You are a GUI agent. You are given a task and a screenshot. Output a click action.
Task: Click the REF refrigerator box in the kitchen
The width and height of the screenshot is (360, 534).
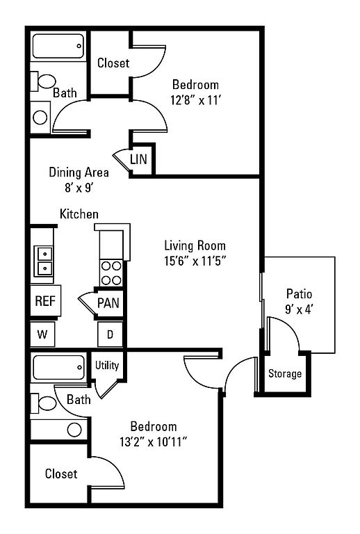pos(45,300)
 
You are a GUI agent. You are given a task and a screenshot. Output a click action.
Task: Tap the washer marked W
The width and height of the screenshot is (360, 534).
pos(42,334)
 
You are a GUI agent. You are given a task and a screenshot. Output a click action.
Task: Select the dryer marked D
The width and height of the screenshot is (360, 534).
pos(111,334)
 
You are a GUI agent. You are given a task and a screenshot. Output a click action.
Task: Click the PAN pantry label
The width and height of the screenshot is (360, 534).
pos(108,302)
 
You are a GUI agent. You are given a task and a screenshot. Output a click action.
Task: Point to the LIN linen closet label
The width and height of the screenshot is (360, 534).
pos(138,159)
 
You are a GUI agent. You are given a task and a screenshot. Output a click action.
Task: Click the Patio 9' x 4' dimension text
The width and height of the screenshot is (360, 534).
pos(299,309)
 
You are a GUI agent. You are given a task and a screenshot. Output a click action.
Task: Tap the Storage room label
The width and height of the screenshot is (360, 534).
pos(285,373)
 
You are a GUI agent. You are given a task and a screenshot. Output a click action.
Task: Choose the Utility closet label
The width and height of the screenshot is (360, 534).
pos(107,366)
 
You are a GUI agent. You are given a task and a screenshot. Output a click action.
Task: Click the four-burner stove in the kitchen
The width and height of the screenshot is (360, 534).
pos(111,273)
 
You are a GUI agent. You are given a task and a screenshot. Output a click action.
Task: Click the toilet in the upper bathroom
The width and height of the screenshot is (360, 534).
pos(43,82)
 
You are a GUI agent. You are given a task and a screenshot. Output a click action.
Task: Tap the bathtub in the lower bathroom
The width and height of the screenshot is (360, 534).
pos(58,367)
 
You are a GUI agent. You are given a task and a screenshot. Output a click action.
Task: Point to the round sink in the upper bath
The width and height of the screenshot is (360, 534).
pos(40,118)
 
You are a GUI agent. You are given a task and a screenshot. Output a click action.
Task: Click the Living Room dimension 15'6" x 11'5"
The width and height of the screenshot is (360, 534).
pos(195,261)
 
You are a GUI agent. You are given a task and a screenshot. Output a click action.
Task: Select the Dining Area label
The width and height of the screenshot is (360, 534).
pos(79,172)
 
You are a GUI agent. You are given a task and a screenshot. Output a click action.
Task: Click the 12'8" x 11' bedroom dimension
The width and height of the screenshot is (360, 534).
pos(196,100)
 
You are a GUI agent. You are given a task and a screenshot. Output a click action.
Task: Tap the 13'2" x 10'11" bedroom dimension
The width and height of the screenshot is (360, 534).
pos(154,442)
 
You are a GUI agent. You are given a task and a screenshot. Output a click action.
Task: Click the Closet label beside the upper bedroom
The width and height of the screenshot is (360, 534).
pos(113,63)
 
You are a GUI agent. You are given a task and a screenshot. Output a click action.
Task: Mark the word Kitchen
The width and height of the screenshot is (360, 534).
pos(79,214)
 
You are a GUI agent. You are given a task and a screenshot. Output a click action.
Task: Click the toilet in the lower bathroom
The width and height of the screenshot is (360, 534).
pos(43,403)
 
